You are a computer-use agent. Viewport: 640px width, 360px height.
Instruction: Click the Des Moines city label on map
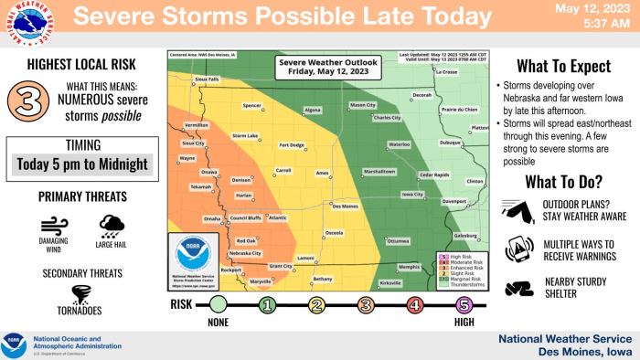pos(344,206)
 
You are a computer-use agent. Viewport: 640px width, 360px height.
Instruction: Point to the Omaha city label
pos(212,219)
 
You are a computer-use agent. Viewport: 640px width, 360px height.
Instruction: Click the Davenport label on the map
pos(454,200)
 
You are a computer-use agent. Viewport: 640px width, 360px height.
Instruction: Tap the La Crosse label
pos(446,71)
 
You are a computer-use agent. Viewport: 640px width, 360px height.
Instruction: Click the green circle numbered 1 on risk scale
pos(267,304)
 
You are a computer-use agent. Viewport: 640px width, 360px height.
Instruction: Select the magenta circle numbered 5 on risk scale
pos(464,304)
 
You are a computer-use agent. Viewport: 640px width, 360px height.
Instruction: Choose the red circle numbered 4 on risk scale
pos(414,304)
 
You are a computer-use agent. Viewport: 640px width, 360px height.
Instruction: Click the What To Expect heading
pos(563,67)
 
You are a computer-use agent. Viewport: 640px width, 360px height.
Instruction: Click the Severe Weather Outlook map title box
pos(325,66)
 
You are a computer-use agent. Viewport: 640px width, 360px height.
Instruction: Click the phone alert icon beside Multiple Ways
pos(517,248)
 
